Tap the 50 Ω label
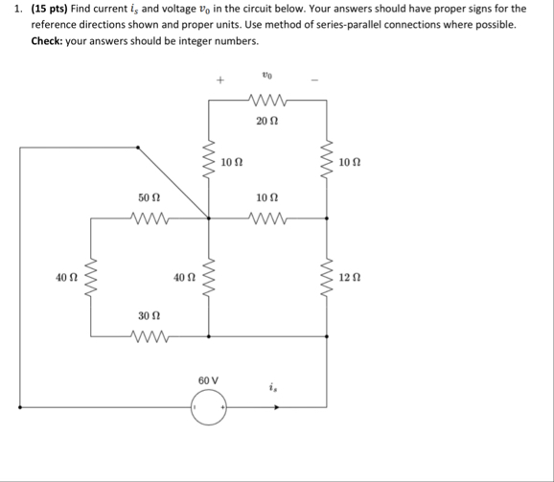click(149, 196)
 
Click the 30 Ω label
click(149, 314)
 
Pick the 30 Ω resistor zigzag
click(149, 336)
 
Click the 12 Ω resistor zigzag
click(327, 279)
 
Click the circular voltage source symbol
click(208, 407)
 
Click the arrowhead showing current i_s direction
click(279, 407)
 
